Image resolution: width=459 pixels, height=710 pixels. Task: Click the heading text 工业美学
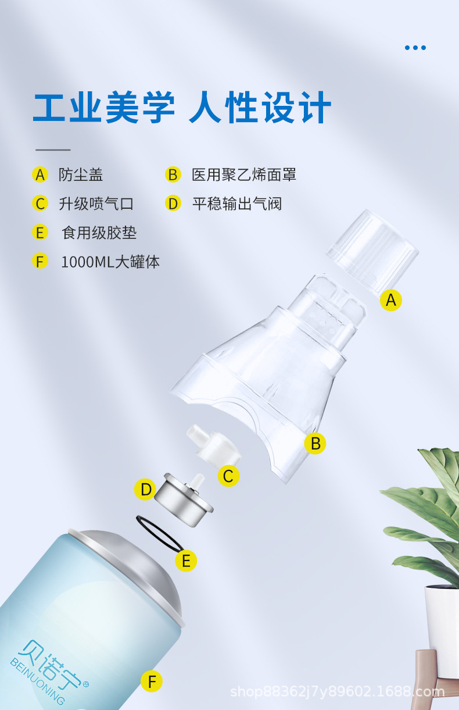(x=103, y=108)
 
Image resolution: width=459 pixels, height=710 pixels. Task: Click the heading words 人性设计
(x=260, y=108)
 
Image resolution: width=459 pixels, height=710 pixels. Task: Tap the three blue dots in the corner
(x=415, y=48)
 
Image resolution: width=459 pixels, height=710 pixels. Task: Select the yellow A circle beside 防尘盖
(x=40, y=174)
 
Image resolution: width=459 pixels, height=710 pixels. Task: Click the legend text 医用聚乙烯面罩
(x=244, y=174)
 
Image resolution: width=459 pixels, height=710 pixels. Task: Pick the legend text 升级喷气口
(x=96, y=204)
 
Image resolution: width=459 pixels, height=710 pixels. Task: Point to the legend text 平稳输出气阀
(x=237, y=204)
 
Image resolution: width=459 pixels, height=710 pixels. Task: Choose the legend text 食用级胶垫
(x=99, y=233)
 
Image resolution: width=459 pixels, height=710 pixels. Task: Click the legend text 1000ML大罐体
(x=110, y=262)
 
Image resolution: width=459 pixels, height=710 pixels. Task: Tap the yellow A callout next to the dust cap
(x=391, y=300)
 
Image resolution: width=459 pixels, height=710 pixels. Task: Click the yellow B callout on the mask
(x=315, y=444)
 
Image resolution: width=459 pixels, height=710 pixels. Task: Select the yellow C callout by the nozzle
(x=228, y=476)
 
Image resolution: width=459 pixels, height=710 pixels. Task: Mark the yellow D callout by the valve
(x=145, y=490)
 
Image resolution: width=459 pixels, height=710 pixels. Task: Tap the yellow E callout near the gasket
(x=186, y=561)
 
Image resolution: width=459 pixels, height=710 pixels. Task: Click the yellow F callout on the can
(x=152, y=681)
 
